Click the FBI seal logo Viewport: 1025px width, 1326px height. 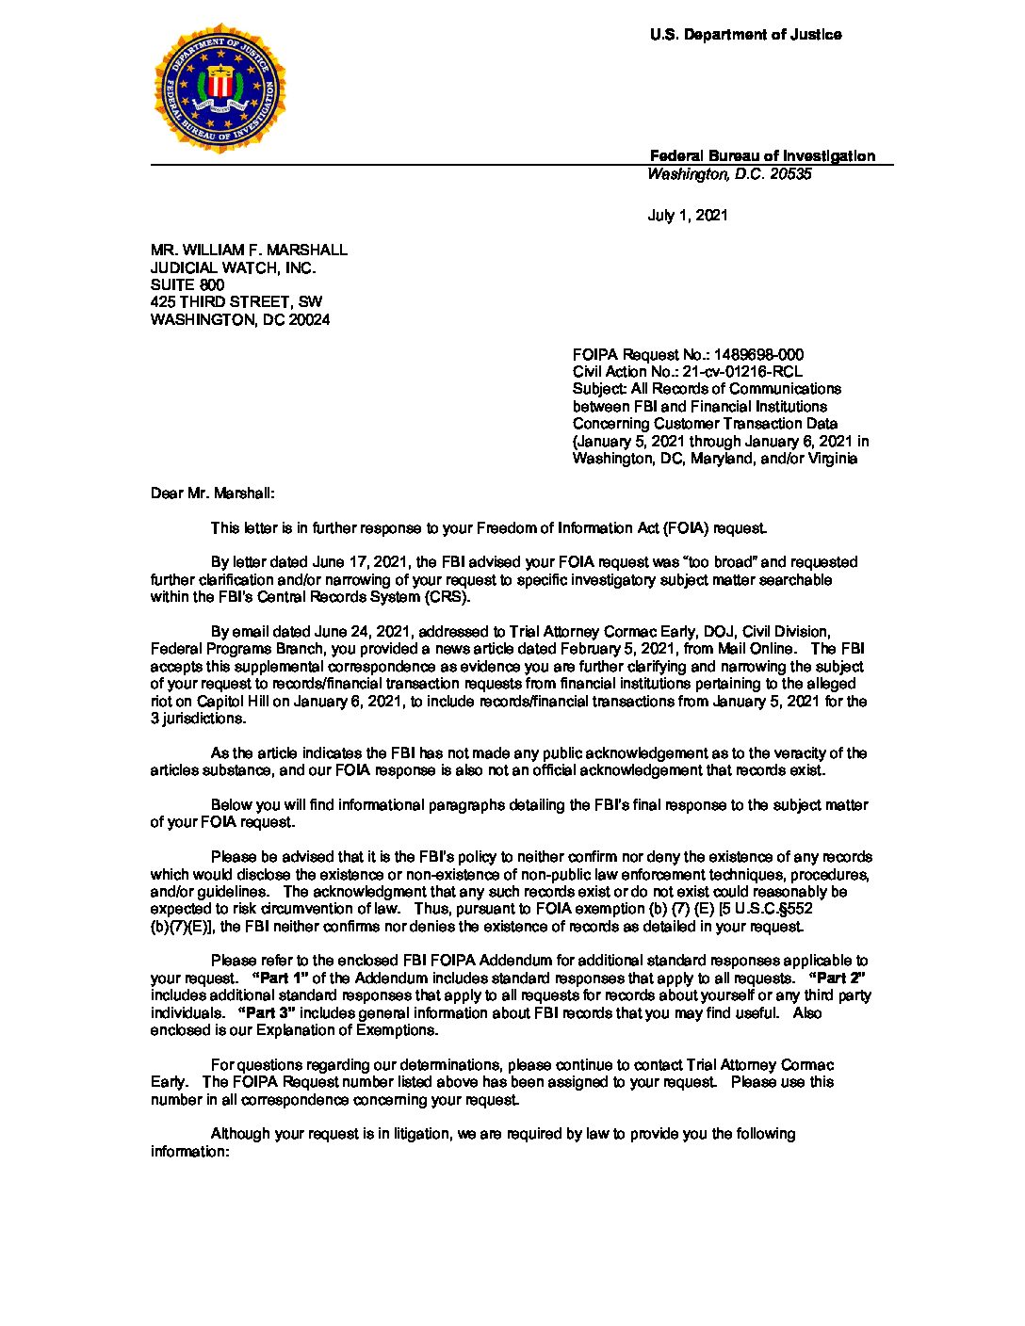[220, 89]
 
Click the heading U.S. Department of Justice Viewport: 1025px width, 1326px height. [745, 35]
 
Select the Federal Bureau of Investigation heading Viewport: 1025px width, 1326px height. [762, 156]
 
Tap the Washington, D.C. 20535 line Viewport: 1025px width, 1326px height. [729, 174]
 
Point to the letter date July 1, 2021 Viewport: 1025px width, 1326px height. [688, 216]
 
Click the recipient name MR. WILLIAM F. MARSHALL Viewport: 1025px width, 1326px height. [249, 251]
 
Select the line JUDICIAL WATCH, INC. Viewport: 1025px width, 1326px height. [233, 267]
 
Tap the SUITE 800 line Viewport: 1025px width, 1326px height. [187, 284]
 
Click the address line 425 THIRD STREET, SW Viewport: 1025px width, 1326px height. [236, 302]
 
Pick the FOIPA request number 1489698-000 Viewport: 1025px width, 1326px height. [758, 355]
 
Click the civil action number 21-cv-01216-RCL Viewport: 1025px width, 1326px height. [742, 372]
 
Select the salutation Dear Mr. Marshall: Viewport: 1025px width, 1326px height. [213, 493]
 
